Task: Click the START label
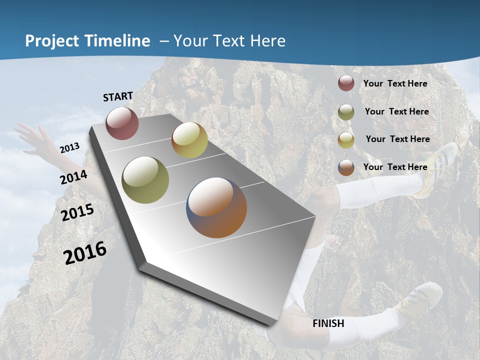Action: [118, 96]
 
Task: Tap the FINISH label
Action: [328, 323]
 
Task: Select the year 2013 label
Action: [69, 147]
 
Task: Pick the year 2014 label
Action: [74, 177]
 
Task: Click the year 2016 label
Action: [85, 253]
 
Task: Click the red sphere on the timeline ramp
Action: [122, 123]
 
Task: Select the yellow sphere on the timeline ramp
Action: [189, 140]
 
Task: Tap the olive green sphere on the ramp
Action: [145, 180]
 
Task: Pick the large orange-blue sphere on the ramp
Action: [216, 207]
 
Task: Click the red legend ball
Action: [346, 83]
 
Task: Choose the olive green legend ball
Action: [346, 112]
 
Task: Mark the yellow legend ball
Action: [346, 140]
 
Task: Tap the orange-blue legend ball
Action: [346, 167]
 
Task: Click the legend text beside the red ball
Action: [395, 83]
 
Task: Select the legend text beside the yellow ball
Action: [397, 139]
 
